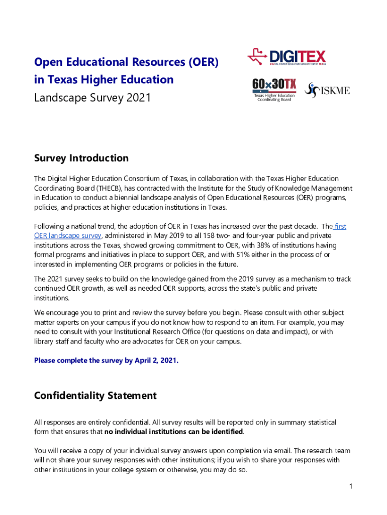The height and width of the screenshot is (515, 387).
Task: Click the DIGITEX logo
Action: tap(286, 57)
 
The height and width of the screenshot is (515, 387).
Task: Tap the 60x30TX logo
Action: tap(274, 84)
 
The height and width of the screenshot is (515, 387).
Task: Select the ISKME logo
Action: tap(328, 91)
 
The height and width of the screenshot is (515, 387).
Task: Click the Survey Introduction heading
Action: tap(81, 158)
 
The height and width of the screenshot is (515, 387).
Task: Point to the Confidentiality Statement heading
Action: tap(95, 395)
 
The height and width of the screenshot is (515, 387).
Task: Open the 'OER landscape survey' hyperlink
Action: tap(68, 236)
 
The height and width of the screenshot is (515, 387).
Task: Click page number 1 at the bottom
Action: tap(351, 486)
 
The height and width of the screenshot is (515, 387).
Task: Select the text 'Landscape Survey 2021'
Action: tap(92, 98)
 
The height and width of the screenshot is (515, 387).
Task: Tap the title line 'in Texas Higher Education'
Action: tap(104, 79)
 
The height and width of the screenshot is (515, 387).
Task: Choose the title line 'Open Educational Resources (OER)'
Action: tap(126, 62)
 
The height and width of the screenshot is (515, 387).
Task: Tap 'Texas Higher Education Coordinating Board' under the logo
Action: tap(274, 98)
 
